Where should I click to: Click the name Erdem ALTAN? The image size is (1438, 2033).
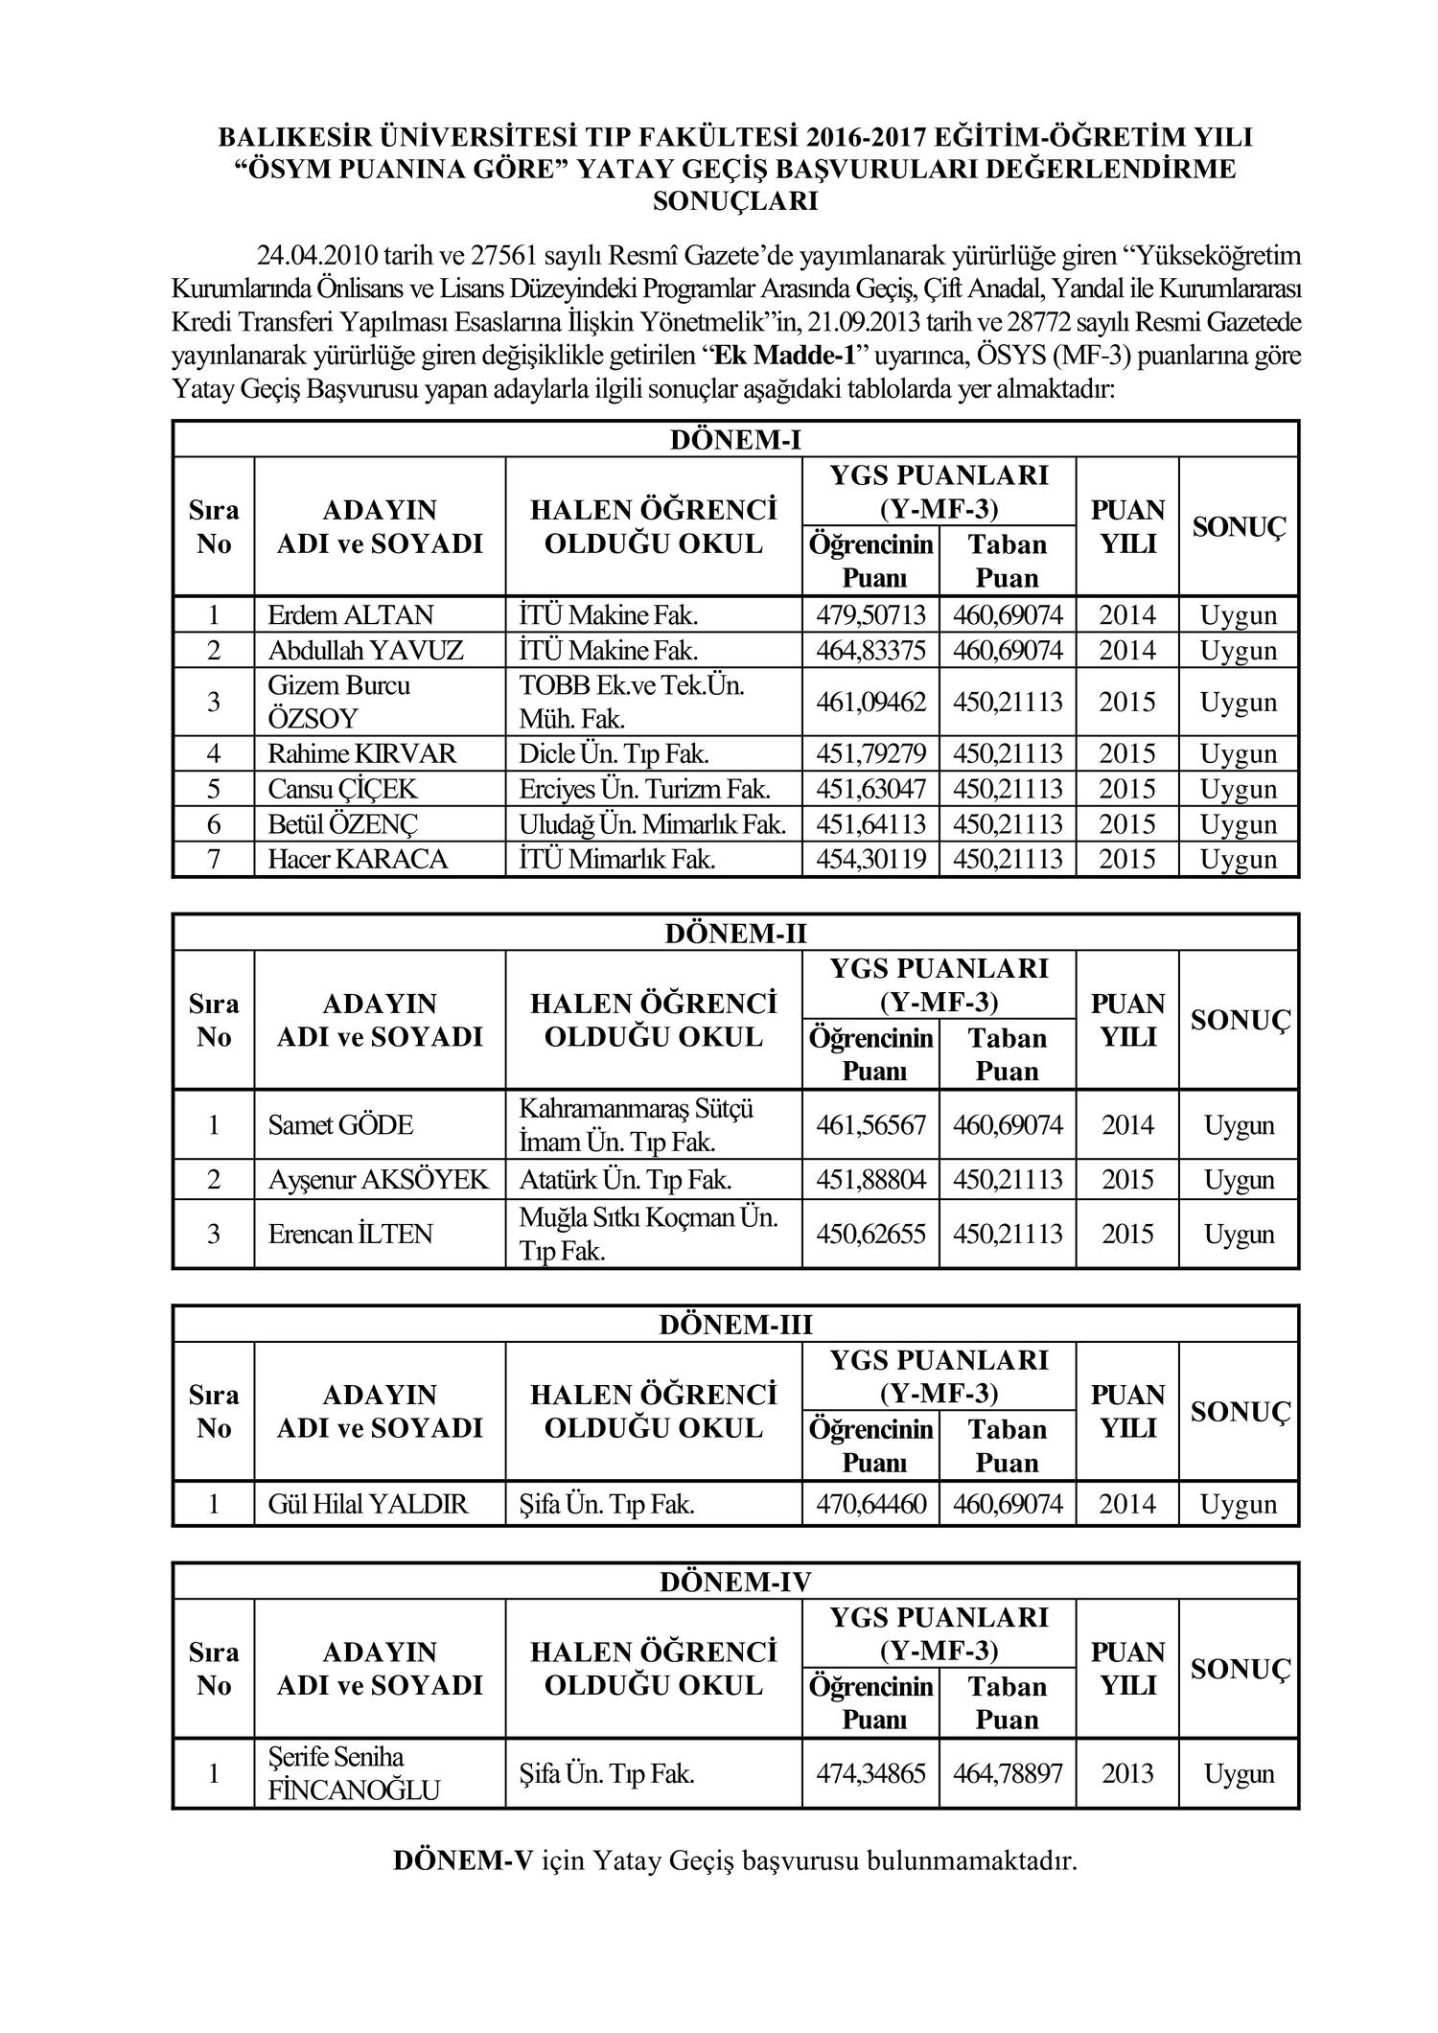tap(351, 615)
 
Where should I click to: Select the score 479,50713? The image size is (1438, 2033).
tap(870, 615)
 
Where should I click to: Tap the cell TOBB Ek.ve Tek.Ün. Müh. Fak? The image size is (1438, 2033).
tap(632, 702)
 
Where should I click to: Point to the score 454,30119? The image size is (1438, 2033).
tap(870, 859)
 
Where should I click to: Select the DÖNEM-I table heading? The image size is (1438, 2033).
tap(734, 440)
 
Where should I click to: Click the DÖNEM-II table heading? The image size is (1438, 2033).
tap(734, 934)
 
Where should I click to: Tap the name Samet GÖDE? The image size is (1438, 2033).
tap(340, 1125)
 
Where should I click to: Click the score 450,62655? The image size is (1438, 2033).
tap(870, 1234)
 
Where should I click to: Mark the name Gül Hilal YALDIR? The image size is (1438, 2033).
tap(368, 1504)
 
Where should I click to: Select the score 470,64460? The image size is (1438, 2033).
tap(870, 1504)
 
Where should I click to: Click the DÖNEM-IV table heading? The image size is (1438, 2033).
tap(734, 1582)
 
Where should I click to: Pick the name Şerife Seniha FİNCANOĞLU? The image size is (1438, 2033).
tap(354, 1773)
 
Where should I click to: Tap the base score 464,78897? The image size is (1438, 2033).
tap(1008, 1773)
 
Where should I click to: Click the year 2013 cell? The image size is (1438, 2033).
tap(1127, 1773)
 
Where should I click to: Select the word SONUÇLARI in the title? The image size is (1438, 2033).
tap(734, 202)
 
